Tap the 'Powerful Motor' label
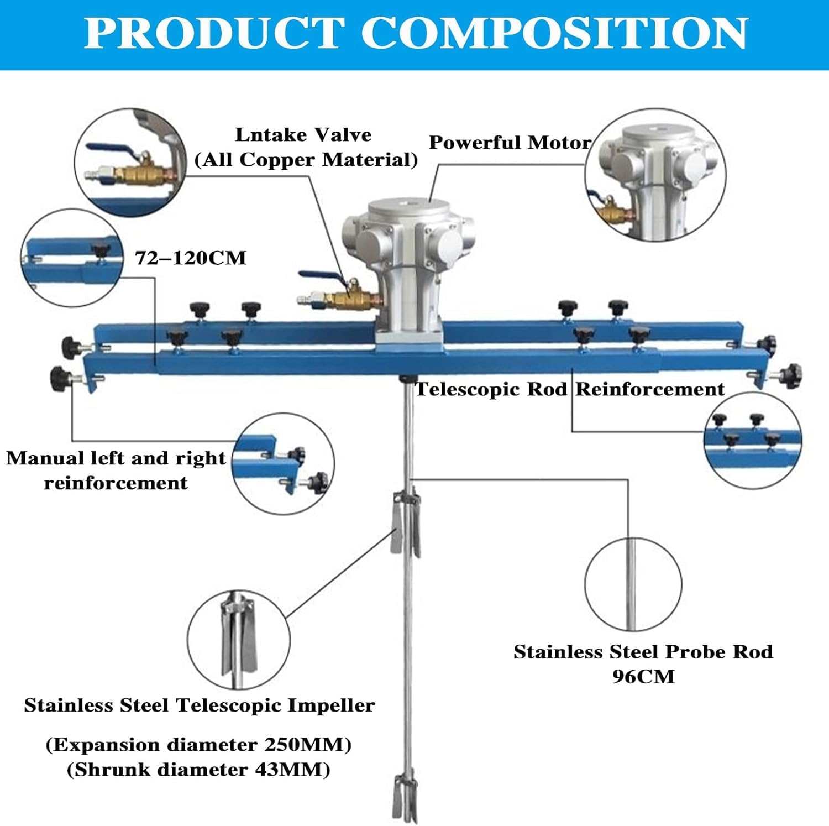[x=510, y=143]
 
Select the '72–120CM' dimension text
[x=191, y=258]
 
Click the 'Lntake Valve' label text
[x=303, y=135]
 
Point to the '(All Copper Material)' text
[x=306, y=160]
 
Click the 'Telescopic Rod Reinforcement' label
[x=569, y=389]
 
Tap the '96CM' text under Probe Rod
[x=643, y=676]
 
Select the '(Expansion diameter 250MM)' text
[x=198, y=745]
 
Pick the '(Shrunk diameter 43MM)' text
[x=198, y=770]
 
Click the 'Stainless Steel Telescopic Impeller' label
[x=200, y=705]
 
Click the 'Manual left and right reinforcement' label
[x=116, y=470]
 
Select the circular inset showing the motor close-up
[x=655, y=175]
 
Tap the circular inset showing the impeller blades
[x=238, y=639]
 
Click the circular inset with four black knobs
[x=753, y=440]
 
